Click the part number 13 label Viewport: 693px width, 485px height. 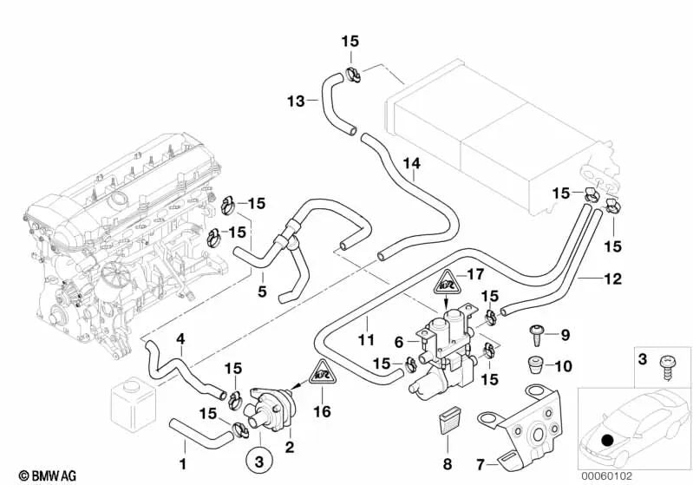pyautogui.click(x=296, y=102)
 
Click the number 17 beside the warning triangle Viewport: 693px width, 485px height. pyautogui.click(x=474, y=275)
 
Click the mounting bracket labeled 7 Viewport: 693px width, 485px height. pyautogui.click(x=530, y=429)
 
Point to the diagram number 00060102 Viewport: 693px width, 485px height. pyautogui.click(x=654, y=475)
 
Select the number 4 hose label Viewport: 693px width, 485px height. pyautogui.click(x=180, y=338)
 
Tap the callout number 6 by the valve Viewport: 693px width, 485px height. pyautogui.click(x=400, y=341)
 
